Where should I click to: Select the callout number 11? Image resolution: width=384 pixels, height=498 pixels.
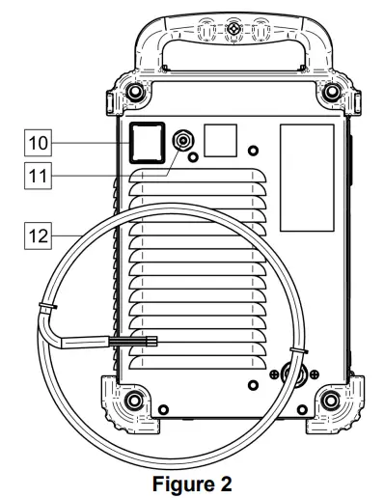(x=38, y=176)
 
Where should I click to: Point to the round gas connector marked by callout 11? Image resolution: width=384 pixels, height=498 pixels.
(x=181, y=141)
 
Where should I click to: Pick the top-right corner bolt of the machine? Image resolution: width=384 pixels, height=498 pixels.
(x=333, y=92)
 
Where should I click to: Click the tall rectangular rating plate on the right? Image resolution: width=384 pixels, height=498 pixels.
(x=307, y=178)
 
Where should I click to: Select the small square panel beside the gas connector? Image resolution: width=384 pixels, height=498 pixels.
(x=222, y=140)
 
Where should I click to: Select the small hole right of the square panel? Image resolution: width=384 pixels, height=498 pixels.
(x=253, y=151)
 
